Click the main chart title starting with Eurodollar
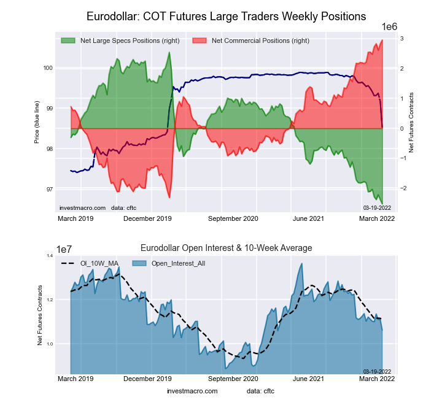click(227, 15)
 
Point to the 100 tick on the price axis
click(48, 67)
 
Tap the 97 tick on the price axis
click(48, 189)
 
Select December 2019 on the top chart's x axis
click(147, 218)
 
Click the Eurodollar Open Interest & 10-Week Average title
click(227, 248)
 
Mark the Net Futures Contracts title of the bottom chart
click(41, 315)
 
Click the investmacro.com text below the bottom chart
click(192, 391)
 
